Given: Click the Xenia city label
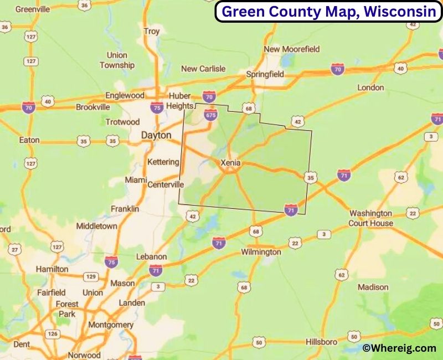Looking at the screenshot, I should [230, 163].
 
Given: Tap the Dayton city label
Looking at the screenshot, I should [157, 135].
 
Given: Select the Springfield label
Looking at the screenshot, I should [265, 74].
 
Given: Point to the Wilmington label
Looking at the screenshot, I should [261, 252].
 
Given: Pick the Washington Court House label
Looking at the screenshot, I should [371, 218].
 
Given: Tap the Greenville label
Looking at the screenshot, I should [33, 9].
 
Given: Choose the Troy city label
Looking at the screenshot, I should [152, 32].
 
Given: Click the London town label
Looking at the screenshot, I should [370, 88].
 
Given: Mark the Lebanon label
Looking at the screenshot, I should [151, 257].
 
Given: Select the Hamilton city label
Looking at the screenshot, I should [52, 269].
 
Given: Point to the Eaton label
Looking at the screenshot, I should [29, 140].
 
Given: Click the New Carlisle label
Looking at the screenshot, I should [203, 69].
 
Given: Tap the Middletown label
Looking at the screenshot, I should [96, 226].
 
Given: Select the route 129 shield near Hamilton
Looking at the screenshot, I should [91, 276].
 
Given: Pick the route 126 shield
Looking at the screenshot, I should [53, 334].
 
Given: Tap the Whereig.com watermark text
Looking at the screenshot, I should [399, 348].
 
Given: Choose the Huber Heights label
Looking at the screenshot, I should [181, 100].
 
